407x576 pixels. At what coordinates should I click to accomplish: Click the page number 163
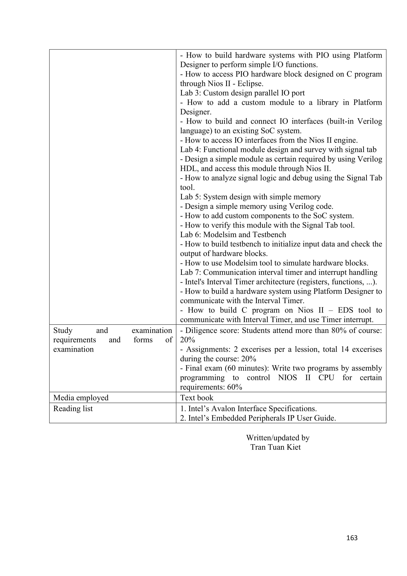[x=352, y=538]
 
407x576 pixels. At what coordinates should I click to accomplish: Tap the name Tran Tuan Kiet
[x=275, y=447]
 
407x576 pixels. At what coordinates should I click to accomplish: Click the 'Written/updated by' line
[x=278, y=438]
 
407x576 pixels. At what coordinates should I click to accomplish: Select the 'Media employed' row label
[x=81, y=398]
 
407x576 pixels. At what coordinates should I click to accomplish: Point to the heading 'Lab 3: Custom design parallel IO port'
[x=242, y=93]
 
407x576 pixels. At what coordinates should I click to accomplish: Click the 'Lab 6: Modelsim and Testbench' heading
[x=233, y=235]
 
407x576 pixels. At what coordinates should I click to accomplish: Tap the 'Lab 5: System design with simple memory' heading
[x=250, y=197]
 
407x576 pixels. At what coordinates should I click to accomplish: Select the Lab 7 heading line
[x=279, y=272]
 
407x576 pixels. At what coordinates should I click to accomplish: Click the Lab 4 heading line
[x=278, y=149]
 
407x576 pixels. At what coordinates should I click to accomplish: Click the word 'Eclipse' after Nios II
[x=250, y=83]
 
